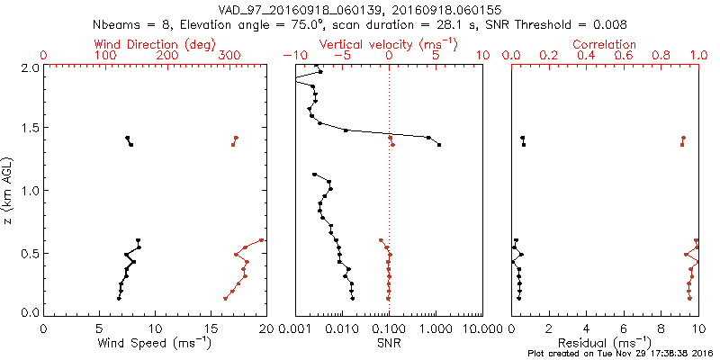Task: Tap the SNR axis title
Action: click(389, 343)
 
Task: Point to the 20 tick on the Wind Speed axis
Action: click(265, 328)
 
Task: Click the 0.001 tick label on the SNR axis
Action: click(295, 328)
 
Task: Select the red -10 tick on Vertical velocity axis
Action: click(290, 56)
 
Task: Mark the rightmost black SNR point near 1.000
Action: click(438, 144)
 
